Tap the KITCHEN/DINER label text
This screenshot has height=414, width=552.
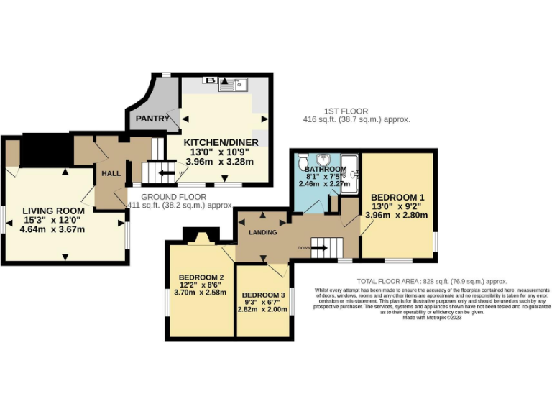click(220, 142)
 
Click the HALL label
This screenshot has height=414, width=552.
click(111, 174)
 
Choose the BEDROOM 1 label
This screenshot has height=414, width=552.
click(397, 198)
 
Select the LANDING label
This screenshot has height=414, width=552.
click(263, 232)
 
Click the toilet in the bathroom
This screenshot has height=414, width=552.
click(303, 160)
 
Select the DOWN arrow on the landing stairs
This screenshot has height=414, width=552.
click(318, 249)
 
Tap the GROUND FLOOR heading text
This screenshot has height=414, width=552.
click(173, 196)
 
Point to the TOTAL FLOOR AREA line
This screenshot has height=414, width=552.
click(431, 282)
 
